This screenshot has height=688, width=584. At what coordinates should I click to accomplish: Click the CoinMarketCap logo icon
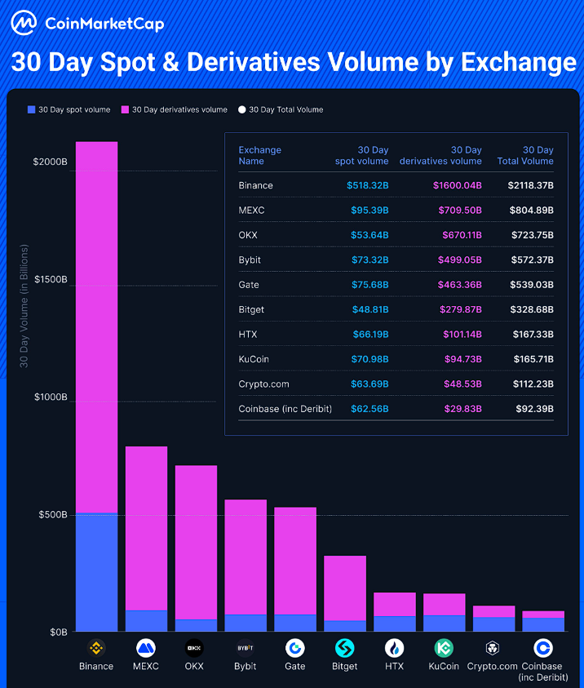click(x=24, y=24)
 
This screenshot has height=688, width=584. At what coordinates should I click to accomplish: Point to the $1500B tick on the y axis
click(x=50, y=280)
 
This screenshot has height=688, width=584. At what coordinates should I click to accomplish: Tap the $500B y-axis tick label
click(x=52, y=515)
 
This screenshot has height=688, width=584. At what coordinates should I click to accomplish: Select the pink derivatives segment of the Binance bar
click(x=96, y=326)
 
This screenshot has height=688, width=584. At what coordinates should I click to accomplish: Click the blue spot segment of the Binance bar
click(x=96, y=571)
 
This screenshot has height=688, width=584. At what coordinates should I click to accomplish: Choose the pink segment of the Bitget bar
click(x=345, y=588)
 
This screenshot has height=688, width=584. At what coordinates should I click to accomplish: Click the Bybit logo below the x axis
click(x=245, y=648)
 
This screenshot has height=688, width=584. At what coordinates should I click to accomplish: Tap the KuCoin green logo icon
click(x=445, y=648)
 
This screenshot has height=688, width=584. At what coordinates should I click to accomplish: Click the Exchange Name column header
click(x=259, y=155)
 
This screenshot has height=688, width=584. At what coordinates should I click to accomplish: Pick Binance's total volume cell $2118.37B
click(x=530, y=185)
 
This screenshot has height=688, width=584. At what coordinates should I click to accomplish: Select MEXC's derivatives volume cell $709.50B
click(x=458, y=211)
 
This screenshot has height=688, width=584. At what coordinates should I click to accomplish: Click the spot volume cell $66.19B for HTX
click(x=368, y=335)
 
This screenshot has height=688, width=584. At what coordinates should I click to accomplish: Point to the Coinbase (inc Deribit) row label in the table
click(x=285, y=409)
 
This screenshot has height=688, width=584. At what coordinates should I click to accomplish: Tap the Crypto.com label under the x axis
click(x=492, y=666)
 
